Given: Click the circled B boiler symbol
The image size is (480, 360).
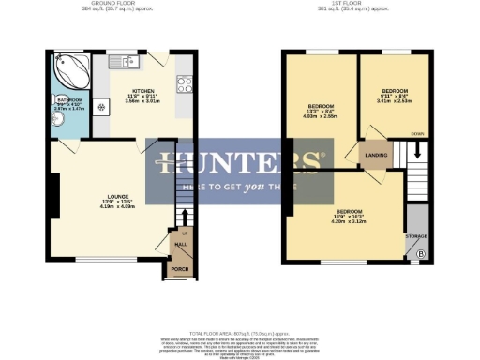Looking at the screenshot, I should pos(420,254).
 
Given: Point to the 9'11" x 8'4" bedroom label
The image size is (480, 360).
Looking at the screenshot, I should pos(395,94).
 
